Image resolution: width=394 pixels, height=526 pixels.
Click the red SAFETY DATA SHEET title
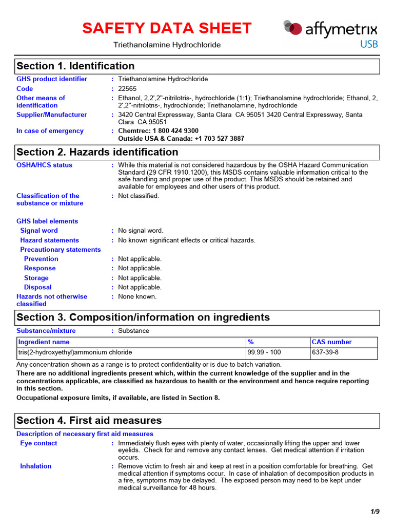pyautogui.click(x=167, y=28)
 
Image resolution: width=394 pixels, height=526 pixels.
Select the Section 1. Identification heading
pyautogui.click(x=75, y=66)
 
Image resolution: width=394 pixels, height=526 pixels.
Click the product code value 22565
pyautogui.click(x=128, y=88)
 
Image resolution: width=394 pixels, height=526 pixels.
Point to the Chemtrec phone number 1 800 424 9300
pyautogui.click(x=158, y=131)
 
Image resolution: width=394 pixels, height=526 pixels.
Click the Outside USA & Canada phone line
pyautogui.click(x=181, y=139)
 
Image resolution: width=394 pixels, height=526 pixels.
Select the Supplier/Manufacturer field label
pyautogui.click(x=51, y=115)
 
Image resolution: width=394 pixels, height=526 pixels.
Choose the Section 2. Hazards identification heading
pyautogui.click(x=97, y=153)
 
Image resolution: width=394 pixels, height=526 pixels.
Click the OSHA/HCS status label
pyautogui.click(x=44, y=165)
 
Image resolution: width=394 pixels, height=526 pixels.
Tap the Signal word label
pyautogui.click(x=39, y=231)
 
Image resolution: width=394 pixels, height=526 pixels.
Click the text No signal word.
pyautogui.click(x=141, y=231)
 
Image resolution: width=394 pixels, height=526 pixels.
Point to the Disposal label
pyautogui.click(x=37, y=287)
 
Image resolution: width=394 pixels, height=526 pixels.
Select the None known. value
pyautogui.click(x=137, y=296)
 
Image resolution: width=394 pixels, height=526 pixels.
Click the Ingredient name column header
pyautogui.click(x=44, y=342)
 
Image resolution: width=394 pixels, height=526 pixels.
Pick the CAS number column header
pyautogui.click(x=332, y=342)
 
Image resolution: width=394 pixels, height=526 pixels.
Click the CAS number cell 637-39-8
pyautogui.click(x=325, y=352)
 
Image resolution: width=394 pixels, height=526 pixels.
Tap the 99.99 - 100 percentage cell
pyautogui.click(x=264, y=352)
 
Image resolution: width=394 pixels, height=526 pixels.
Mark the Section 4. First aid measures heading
pyautogui.click(x=89, y=421)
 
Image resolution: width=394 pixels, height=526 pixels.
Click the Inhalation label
pyautogui.click(x=35, y=466)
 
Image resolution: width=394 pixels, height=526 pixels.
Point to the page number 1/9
pyautogui.click(x=375, y=512)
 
